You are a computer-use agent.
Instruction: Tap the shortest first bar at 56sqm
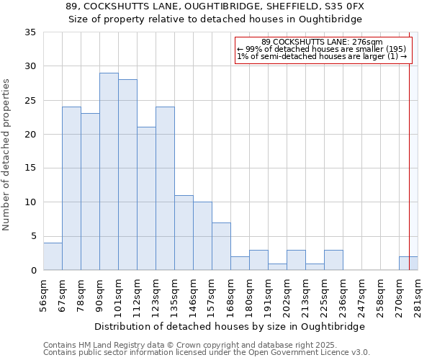point(53,256)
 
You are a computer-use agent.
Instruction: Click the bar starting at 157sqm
point(221,246)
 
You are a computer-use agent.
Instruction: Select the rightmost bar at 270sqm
point(408,264)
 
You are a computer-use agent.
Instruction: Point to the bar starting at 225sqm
point(333,260)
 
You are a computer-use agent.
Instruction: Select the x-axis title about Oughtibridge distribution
point(230,326)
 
